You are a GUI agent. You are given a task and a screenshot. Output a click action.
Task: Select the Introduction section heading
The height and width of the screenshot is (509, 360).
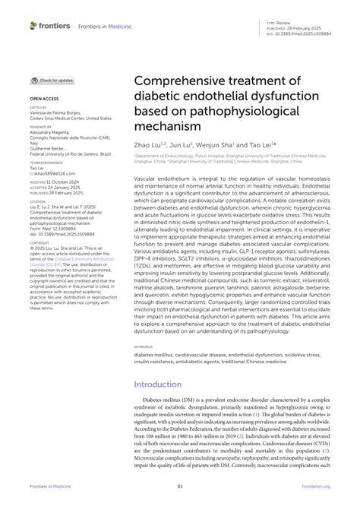point(166,384)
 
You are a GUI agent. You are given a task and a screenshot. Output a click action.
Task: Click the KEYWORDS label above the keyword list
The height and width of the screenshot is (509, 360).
point(145,345)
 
